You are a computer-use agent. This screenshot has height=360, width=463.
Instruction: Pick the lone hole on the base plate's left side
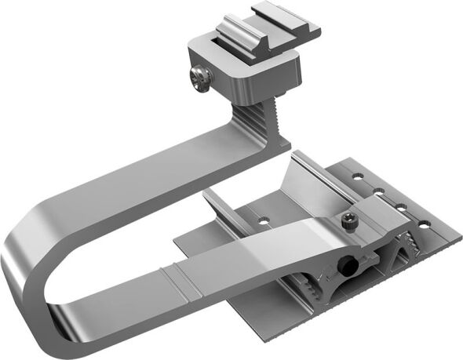pyautogui.click(x=265, y=213)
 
